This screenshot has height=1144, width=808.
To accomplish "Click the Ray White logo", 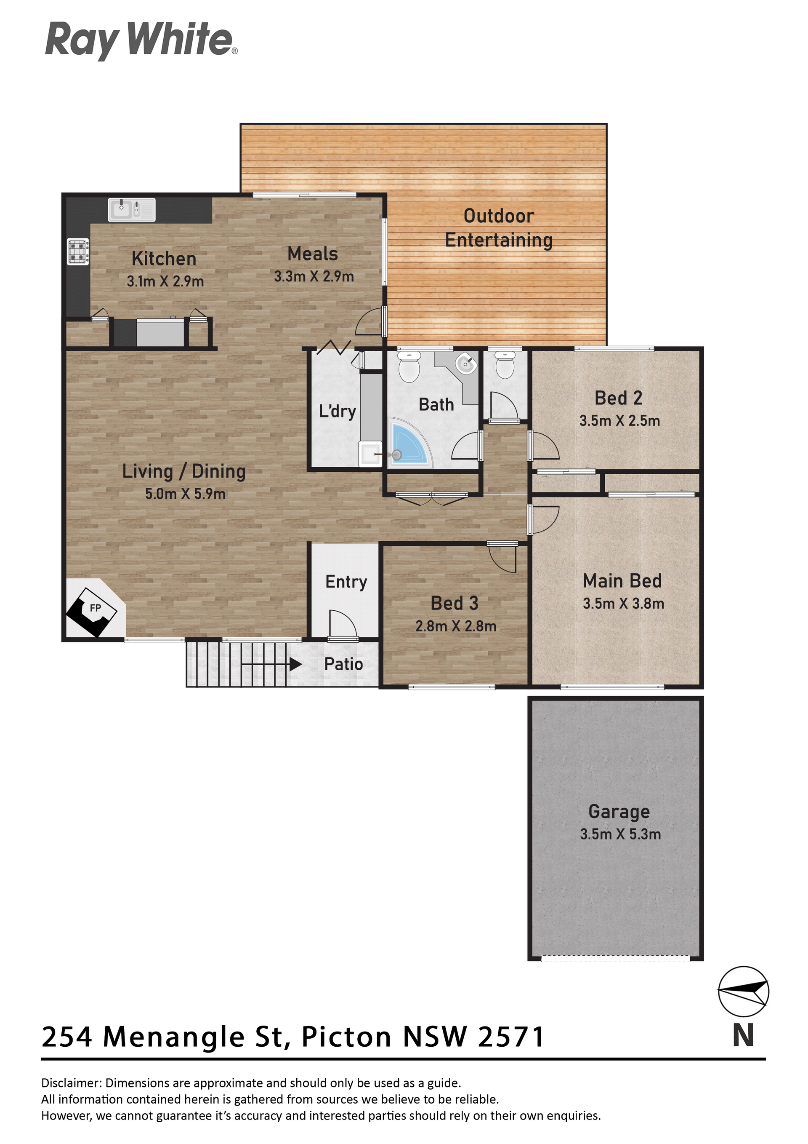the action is [141, 40].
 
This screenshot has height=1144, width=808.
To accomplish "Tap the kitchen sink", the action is [131, 209].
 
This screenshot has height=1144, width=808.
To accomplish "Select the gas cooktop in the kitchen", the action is [78, 251].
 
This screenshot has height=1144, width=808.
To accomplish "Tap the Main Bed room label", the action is [622, 581].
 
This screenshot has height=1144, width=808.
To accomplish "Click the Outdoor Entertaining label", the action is [499, 228].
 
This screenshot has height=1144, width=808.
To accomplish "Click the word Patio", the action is [343, 664].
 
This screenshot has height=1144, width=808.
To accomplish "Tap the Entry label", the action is [346, 582].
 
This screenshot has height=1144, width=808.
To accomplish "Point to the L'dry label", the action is [338, 411].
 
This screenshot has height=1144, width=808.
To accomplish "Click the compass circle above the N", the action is [743, 992].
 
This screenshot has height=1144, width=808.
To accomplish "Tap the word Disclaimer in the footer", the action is [71, 1083].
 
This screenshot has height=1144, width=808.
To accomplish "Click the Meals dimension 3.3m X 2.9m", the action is [314, 277].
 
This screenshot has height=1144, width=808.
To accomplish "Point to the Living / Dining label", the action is [184, 471].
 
